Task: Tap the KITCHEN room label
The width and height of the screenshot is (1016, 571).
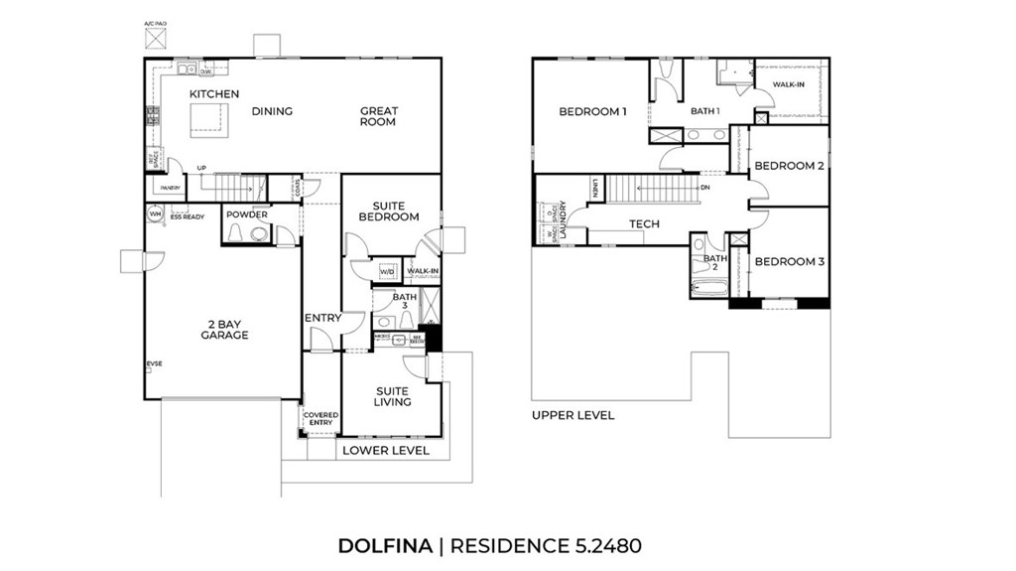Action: [214, 94]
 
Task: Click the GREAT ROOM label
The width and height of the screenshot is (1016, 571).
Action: [379, 116]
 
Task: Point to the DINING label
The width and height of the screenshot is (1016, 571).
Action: [272, 111]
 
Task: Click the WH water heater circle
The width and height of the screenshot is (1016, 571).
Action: [155, 214]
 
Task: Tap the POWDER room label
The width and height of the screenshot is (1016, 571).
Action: [246, 214]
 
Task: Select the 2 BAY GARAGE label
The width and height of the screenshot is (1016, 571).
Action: [223, 329]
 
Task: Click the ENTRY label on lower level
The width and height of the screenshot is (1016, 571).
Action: [322, 318]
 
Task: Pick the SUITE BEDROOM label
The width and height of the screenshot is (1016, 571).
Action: [388, 211]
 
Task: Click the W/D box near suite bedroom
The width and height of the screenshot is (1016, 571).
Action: [387, 271]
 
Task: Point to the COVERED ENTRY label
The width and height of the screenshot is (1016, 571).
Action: [320, 420]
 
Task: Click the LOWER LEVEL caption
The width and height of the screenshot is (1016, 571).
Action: [386, 451]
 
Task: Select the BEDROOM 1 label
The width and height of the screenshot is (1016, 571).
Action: [593, 111]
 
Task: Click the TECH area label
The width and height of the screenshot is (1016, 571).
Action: [644, 224]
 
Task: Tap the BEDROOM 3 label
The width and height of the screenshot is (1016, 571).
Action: [789, 262]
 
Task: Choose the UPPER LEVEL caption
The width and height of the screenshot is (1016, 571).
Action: [572, 415]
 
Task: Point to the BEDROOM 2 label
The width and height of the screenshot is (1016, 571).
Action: [789, 166]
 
